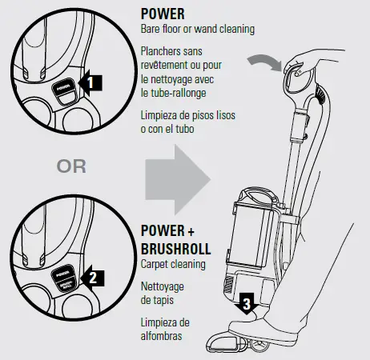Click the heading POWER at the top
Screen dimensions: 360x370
click(163, 14)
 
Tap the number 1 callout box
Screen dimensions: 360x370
click(93, 82)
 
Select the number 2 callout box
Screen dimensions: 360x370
click(94, 278)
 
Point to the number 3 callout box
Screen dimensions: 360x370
click(247, 304)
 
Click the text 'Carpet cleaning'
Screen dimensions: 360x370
click(173, 262)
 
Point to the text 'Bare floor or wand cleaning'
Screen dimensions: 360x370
click(197, 30)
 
